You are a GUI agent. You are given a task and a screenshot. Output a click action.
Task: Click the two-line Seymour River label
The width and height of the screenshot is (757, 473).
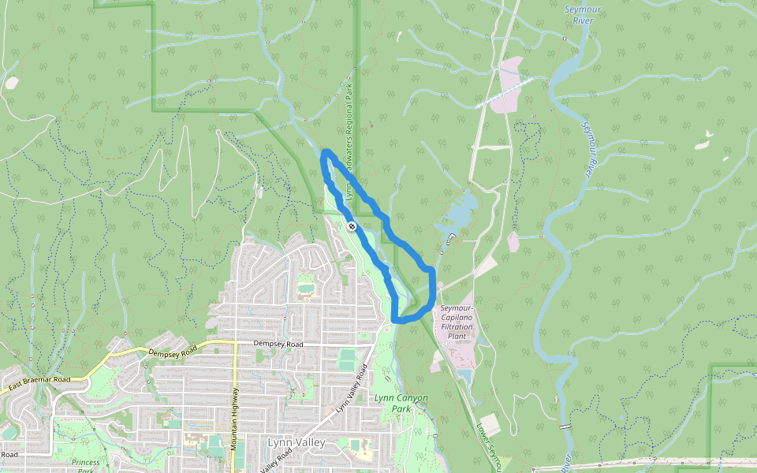tap(583, 15)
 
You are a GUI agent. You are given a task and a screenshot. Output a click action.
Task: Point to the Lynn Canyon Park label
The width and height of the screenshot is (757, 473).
tap(401, 404)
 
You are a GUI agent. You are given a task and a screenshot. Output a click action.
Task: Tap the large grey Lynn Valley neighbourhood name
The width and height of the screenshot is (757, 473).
tap(296, 442)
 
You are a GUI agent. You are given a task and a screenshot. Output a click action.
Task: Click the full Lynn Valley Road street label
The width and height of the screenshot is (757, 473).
tap(353, 388)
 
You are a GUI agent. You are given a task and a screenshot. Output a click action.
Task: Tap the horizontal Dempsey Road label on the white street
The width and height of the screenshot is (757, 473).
tap(278, 344)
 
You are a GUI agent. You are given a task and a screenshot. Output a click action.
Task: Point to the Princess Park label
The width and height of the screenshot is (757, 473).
tap(85, 466)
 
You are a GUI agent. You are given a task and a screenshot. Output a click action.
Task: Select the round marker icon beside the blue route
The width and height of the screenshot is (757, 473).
tap(352, 226)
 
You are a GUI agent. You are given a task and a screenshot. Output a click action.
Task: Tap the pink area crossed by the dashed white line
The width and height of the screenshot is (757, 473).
tap(513, 83)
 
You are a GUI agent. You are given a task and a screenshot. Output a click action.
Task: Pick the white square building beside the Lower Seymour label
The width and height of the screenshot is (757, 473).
tap(490, 423)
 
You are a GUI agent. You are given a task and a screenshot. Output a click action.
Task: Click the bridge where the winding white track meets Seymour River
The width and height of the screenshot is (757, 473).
tap(563, 426)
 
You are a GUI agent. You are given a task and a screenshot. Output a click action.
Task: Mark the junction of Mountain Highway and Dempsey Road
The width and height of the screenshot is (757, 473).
tap(235, 342)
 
